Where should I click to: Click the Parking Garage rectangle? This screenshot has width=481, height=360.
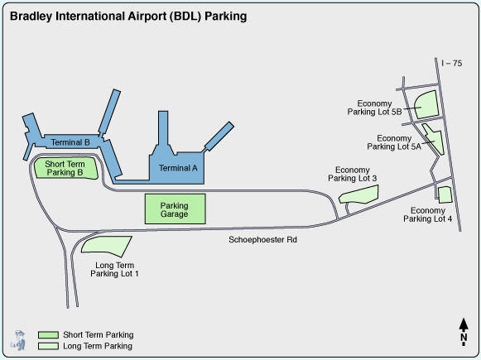(176, 209)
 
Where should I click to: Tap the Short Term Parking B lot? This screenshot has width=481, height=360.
(66, 168)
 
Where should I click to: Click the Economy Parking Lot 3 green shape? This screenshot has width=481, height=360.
(358, 194)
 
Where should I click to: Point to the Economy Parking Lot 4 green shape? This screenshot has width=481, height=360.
(445, 194)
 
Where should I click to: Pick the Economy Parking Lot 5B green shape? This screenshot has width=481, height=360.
(426, 104)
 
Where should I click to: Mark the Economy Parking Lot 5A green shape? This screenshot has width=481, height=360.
(435, 138)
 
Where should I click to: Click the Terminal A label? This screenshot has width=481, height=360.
(178, 168)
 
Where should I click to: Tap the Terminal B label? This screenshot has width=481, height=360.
(70, 142)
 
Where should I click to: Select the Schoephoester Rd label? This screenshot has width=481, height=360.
(262, 239)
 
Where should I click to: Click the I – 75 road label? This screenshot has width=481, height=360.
(451, 63)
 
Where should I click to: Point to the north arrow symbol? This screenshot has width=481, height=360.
(464, 332)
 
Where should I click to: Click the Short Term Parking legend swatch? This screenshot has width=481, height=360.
(48, 334)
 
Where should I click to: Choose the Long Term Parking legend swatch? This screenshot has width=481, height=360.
(48, 346)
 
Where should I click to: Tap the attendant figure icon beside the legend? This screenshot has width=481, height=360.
(18, 340)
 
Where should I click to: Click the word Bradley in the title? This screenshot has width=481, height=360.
(31, 17)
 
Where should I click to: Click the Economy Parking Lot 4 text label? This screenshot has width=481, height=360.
(427, 214)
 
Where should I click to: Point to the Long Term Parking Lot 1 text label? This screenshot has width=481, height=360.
(114, 269)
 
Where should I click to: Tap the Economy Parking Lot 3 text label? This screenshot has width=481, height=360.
(352, 174)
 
